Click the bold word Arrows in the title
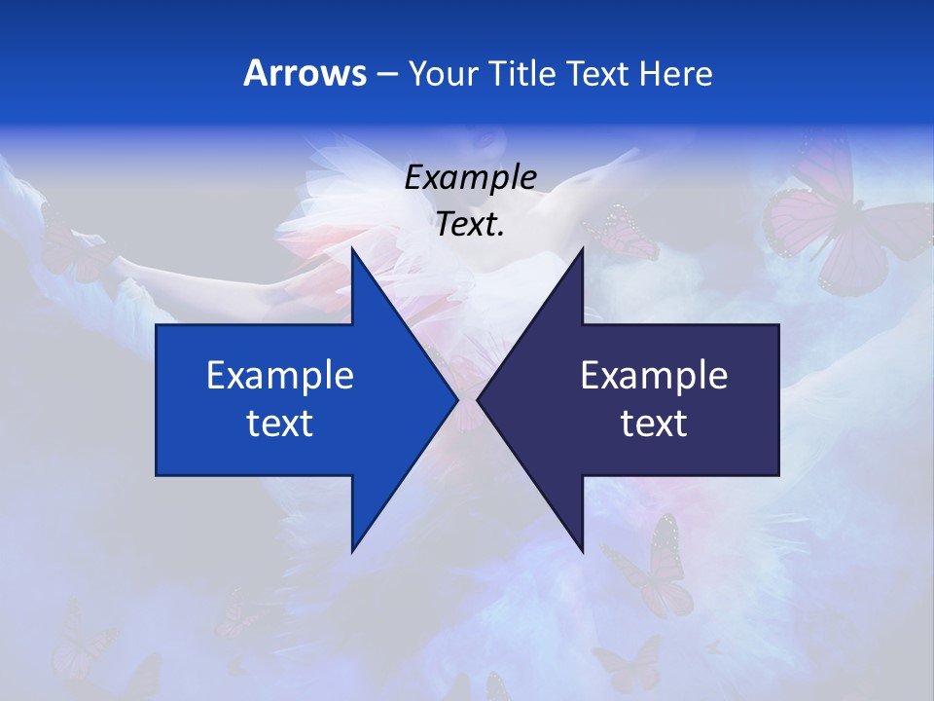[x=304, y=73]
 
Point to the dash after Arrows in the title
[x=387, y=74]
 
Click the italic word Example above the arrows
[x=471, y=178]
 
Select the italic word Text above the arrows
[x=467, y=225]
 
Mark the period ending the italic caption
[x=502, y=234]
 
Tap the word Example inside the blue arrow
[x=280, y=375]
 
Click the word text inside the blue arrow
[x=280, y=424]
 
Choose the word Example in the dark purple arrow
[x=654, y=375]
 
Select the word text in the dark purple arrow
[x=654, y=424]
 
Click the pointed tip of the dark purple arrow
[x=479, y=399]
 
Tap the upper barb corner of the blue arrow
[x=352, y=249]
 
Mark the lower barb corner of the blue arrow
[x=352, y=551]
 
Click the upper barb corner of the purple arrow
[x=582, y=249]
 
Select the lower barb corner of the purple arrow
[x=582, y=551]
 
